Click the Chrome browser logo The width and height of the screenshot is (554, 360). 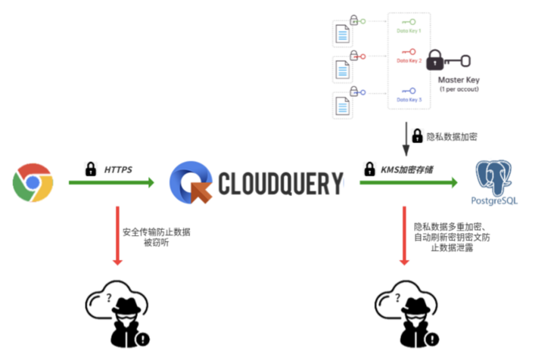pos(33,183)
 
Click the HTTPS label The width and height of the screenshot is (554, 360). pos(119,169)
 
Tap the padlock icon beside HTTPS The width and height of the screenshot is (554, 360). pos(91,169)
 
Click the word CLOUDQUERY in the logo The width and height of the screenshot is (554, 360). pos(281,184)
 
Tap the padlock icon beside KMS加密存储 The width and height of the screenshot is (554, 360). pos(371,169)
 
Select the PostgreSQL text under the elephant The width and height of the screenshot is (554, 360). pos(496,201)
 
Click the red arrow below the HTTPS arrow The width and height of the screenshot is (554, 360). pos(117,235)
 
